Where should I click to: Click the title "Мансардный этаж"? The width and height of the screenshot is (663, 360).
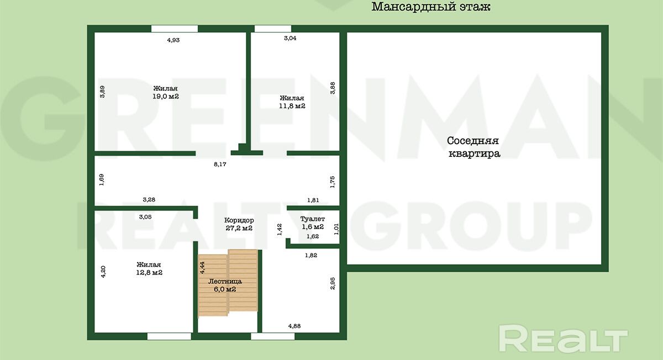click(x=430, y=7)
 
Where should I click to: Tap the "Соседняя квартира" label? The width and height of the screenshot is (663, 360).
click(x=474, y=147)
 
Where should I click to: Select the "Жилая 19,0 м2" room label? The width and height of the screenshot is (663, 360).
click(x=165, y=92)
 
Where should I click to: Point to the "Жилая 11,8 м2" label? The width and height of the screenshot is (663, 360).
click(x=292, y=102)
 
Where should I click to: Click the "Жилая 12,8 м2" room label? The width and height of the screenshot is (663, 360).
click(x=149, y=268)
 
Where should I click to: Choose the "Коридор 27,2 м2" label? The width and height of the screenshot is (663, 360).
click(x=239, y=224)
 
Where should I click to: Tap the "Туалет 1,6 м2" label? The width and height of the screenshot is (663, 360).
click(x=313, y=223)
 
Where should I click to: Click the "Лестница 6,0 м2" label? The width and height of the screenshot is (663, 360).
click(x=225, y=285)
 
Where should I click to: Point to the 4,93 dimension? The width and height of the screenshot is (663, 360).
click(x=173, y=40)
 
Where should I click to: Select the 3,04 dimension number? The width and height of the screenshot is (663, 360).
click(x=290, y=38)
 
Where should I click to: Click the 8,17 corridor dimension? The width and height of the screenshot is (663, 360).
click(x=220, y=164)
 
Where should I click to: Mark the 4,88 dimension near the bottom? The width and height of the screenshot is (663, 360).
click(x=294, y=326)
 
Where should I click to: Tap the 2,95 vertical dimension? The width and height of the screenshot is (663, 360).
click(x=333, y=283)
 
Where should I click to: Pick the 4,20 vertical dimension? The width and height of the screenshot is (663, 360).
click(x=103, y=272)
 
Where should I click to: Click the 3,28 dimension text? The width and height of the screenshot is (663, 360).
click(x=149, y=199)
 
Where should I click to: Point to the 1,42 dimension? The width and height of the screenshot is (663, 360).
click(x=280, y=230)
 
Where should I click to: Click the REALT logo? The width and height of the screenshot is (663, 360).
click(x=563, y=338)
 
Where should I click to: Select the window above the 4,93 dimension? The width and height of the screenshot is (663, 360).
click(x=175, y=29)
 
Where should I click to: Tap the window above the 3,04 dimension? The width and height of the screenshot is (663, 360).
click(x=273, y=29)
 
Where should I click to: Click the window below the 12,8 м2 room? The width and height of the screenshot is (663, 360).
click(x=169, y=336)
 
